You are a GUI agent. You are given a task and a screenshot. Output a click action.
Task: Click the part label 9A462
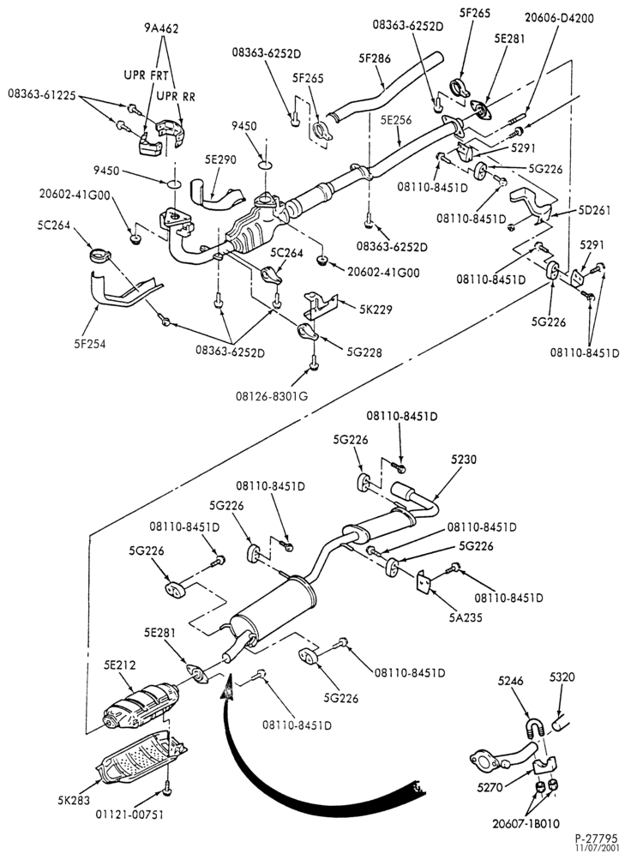pos(161,28)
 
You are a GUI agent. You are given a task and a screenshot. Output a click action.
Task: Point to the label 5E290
pos(220,159)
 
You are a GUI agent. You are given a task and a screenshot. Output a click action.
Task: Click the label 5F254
pos(90,344)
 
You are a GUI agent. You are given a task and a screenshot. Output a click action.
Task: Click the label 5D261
pos(594,210)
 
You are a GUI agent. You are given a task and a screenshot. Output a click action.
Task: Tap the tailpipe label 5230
pos(464,460)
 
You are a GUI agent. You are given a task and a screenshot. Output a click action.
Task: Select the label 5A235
pos(466,617)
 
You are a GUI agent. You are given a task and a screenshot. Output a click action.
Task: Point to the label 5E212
pos(120,665)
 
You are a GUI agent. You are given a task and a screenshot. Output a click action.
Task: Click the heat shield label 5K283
pos(74,800)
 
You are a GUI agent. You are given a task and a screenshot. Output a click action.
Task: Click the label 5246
pos(510,681)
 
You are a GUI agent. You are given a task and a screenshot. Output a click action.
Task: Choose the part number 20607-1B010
pos(525,824)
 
